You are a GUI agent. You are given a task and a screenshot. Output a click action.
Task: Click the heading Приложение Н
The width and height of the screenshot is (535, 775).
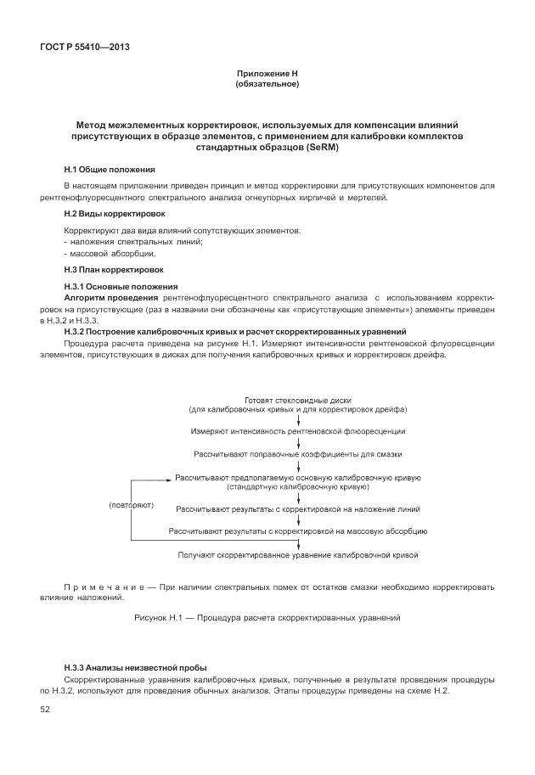click(267, 75)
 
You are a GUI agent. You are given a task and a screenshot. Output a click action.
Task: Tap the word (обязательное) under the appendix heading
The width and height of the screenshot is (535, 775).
click(267, 84)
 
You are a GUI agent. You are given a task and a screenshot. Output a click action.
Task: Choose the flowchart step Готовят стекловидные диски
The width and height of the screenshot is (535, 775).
click(297, 400)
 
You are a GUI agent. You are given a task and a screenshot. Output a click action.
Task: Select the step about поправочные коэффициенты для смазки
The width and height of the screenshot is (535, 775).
click(297, 454)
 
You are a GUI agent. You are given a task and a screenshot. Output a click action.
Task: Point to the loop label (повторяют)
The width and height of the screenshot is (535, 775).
click(132, 505)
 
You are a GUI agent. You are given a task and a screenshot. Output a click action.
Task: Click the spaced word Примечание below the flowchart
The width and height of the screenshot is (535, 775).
click(99, 587)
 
